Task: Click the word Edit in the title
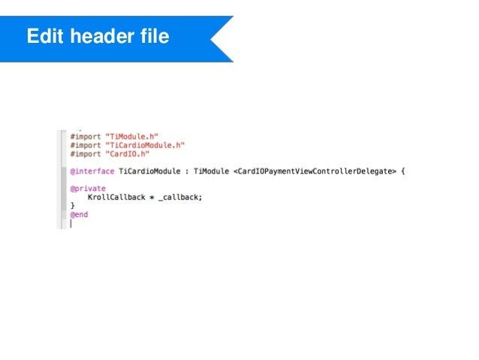44,36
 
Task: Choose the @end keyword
79,214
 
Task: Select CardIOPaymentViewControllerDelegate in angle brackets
315,171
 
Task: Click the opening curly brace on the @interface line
402,171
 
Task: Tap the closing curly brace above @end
73,205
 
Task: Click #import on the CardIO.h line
83,153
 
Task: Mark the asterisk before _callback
152,198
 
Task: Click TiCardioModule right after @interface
152,171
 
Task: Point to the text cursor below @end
71,223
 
